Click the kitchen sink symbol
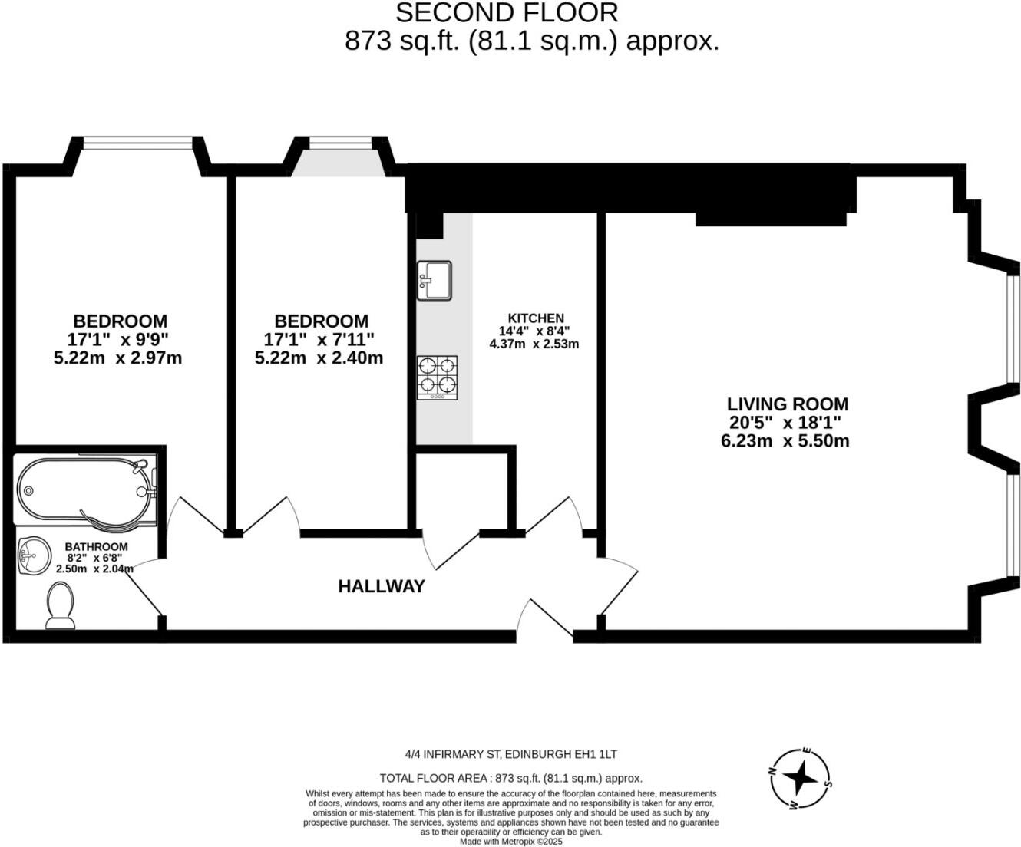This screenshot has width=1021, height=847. (435, 280)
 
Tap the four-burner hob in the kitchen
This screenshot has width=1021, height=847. (437, 377)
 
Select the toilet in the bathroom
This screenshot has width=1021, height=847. (61, 605)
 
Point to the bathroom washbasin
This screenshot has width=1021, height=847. (32, 555)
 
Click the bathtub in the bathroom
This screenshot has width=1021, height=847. (84, 490)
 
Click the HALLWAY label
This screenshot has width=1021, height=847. (382, 587)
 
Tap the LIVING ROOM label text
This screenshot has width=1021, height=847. (788, 404)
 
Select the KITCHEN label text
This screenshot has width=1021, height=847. (536, 318)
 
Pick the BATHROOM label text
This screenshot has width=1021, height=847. (96, 547)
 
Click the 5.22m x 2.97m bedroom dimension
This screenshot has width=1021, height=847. (117, 358)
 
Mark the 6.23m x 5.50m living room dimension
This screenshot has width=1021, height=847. (785, 441)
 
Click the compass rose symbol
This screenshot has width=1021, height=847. (801, 779)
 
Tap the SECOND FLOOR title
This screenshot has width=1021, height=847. (507, 12)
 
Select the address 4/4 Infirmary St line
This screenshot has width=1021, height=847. (511, 755)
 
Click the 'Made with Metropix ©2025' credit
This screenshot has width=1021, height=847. (511, 842)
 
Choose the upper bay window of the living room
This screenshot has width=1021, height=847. (1013, 327)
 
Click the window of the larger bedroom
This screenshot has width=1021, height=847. (137, 142)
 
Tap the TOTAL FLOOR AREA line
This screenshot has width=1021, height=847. (511, 778)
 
